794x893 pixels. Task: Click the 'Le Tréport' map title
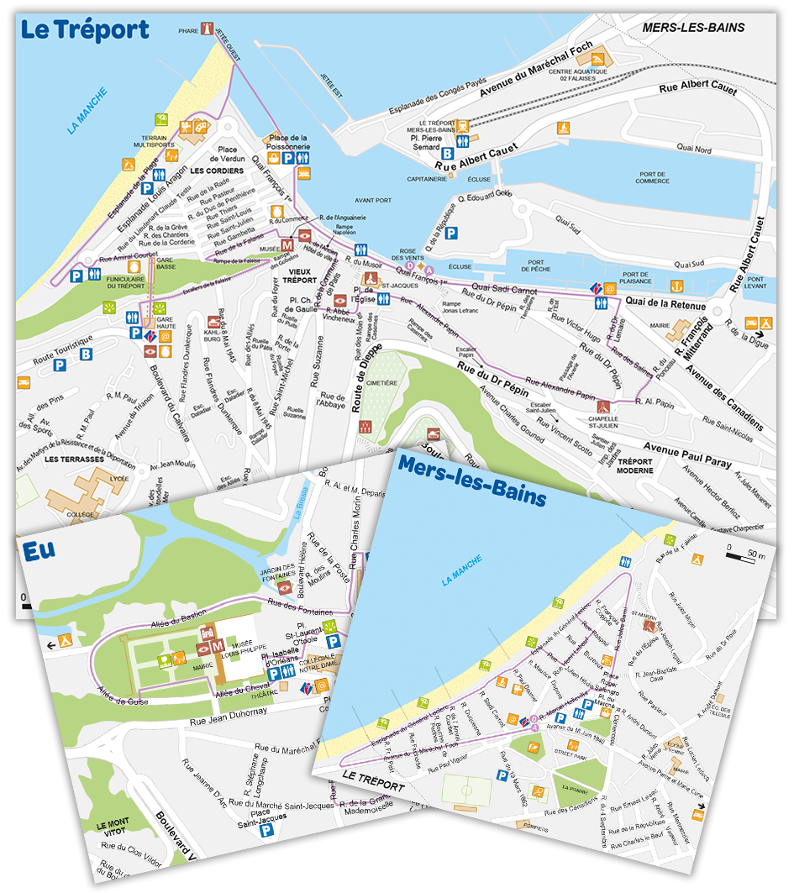tap(84, 31)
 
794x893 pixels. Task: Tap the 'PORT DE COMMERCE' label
tap(652, 177)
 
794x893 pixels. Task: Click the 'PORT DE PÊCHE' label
tap(535, 267)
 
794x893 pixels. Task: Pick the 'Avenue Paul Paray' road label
tap(687, 455)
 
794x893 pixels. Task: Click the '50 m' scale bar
tap(744, 555)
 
